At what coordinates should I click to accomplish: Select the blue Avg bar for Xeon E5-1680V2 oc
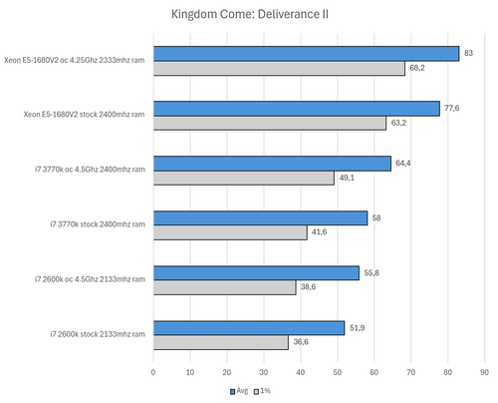coord(306,53)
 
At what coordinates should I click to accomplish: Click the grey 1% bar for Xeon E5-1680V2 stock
coord(269,124)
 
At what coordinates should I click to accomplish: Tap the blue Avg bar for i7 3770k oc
coord(272,164)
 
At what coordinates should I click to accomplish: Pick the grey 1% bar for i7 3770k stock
coord(230,232)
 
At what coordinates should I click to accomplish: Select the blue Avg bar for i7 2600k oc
coord(256,272)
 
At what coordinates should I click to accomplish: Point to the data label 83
coord(467,53)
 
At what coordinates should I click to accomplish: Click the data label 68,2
coord(416,69)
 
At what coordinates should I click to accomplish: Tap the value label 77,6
coord(451,108)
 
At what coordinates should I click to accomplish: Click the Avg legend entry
coord(238,391)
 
